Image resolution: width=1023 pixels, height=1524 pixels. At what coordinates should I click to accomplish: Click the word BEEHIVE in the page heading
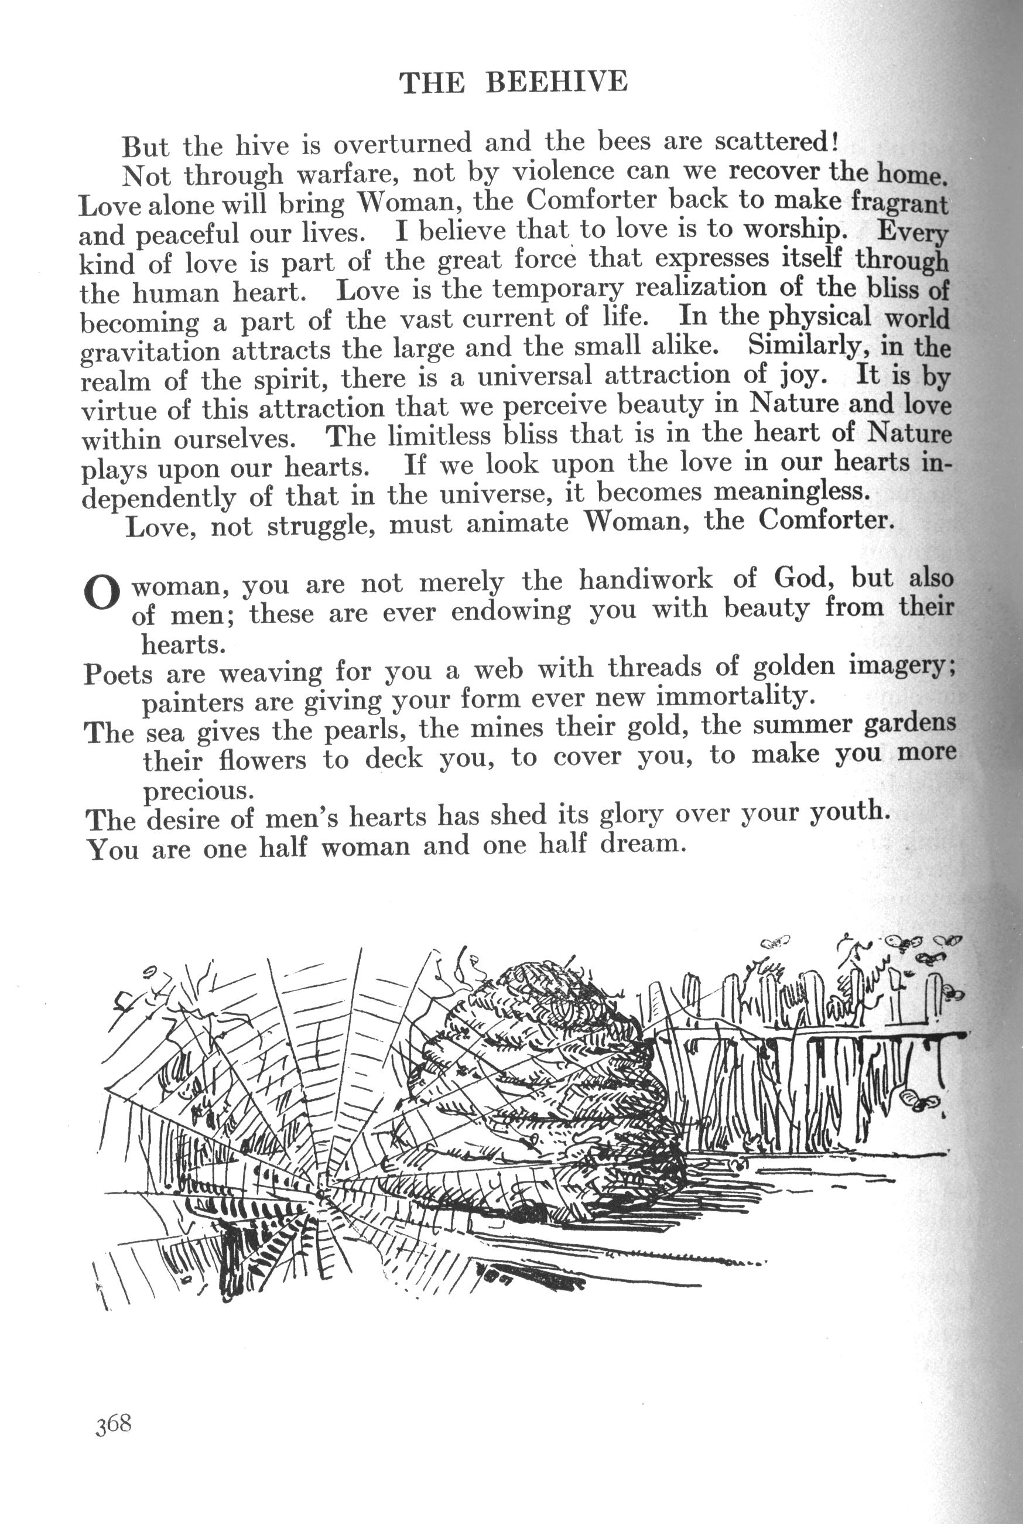(556, 82)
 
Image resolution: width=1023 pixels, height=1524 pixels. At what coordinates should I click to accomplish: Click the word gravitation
(150, 352)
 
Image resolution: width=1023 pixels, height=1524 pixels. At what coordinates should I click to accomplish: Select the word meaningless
(792, 491)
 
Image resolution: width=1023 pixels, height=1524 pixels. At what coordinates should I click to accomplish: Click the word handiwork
(646, 579)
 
